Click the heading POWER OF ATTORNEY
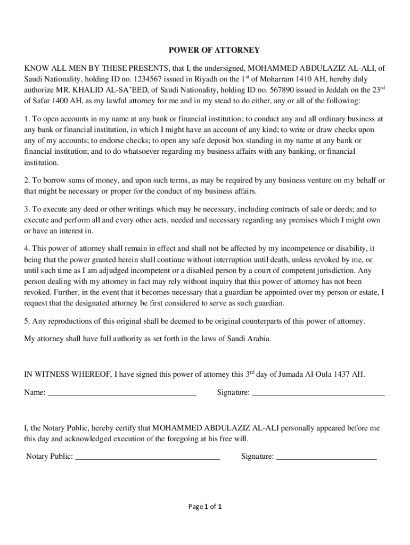pos(214,50)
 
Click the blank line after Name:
pos(122,393)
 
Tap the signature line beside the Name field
pos(318,393)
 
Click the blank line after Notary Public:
pos(147,456)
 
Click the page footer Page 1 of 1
pos(205,507)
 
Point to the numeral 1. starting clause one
pos(27,119)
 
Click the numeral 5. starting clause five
pos(27,321)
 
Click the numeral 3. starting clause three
pos(27,210)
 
